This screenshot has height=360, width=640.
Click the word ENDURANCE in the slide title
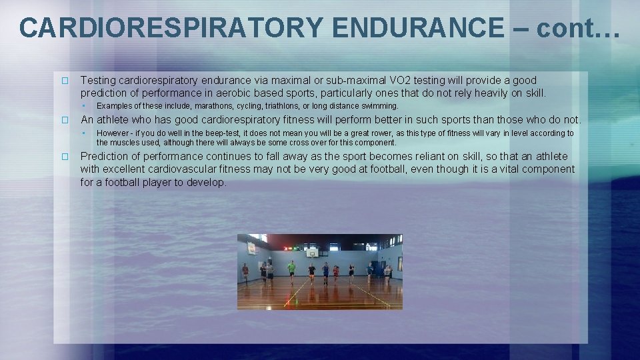coord(417,28)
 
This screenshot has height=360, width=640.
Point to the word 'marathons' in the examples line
coord(213,106)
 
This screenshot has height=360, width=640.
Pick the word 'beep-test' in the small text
coord(203,133)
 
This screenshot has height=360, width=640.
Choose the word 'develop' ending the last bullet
coord(207,182)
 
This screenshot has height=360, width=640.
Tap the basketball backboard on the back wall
coord(311,252)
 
